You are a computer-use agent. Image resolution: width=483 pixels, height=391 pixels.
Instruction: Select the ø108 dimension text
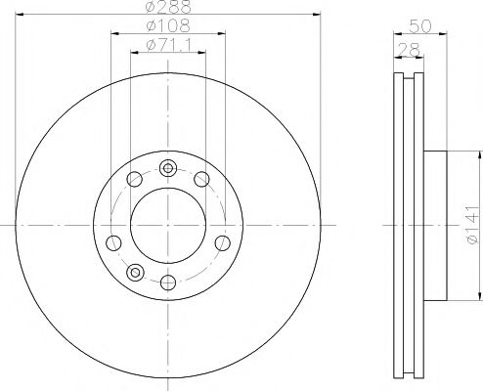pos(167,25)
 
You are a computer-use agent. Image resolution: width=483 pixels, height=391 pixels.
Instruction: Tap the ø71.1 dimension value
pos(167,45)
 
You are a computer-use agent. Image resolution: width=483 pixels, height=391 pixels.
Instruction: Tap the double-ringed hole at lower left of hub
pos(136,272)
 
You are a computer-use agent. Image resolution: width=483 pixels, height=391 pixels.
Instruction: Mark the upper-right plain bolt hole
pos(201,177)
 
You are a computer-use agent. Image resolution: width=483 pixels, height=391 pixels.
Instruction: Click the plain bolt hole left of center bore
pos(113,241)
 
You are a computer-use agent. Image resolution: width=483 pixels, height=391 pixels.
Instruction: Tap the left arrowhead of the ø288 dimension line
pos(19,15)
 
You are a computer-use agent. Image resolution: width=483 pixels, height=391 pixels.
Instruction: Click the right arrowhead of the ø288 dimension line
pos(317,15)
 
